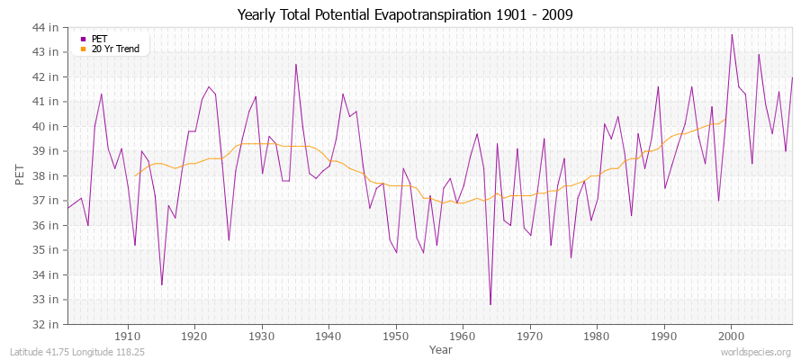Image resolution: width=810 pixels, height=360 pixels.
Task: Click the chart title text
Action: [x=404, y=14]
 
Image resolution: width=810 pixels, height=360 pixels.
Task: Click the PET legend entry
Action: [x=99, y=39]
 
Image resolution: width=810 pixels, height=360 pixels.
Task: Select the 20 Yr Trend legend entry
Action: [x=114, y=49]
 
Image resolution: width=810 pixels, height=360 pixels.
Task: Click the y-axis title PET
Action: [x=21, y=175]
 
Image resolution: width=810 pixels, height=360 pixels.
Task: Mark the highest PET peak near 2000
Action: [x=732, y=35]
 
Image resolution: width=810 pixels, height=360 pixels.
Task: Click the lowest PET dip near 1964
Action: [x=490, y=304]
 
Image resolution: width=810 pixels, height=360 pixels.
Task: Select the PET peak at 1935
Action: [x=295, y=64]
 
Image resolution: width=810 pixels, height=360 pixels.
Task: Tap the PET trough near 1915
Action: [x=162, y=284]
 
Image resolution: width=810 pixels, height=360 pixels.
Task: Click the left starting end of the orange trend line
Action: [x=135, y=175]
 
